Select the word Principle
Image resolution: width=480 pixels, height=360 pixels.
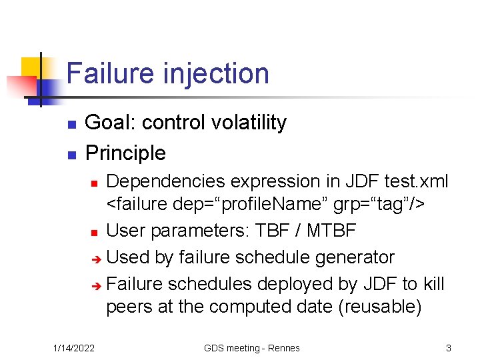pyautogui.click(x=125, y=153)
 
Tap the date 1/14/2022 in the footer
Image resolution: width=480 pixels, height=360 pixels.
pyautogui.click(x=74, y=348)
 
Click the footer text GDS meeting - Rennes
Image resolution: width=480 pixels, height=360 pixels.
pyautogui.click(x=251, y=348)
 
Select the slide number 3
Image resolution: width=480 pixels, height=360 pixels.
pyautogui.click(x=449, y=348)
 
